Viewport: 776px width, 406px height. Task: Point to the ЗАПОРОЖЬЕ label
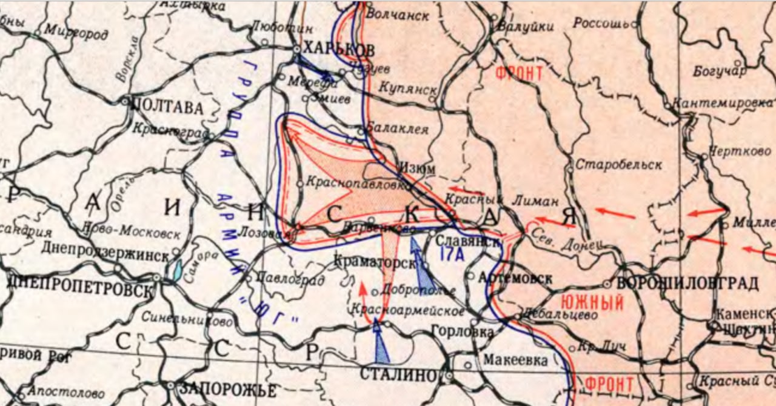pos(228,389)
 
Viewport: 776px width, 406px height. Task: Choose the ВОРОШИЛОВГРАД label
pos(687,283)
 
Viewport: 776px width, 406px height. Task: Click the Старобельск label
pos(618,164)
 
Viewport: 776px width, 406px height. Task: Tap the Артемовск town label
pos(515,279)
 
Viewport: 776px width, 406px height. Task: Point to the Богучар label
pos(720,72)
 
